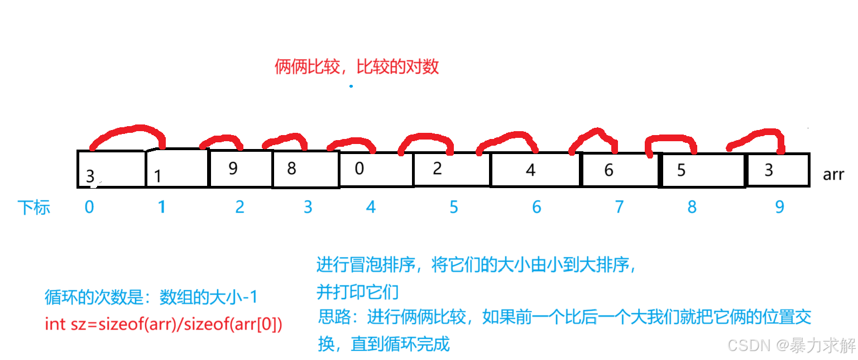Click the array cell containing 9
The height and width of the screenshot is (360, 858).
(x=240, y=169)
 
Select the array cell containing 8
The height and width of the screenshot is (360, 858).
(x=305, y=169)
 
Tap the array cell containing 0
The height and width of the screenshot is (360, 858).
(x=376, y=169)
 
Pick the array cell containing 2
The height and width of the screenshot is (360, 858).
(x=452, y=169)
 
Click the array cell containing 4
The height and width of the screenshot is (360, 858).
(x=535, y=170)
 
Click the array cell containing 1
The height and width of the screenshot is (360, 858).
(x=176, y=168)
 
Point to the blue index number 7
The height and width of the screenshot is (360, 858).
(x=619, y=207)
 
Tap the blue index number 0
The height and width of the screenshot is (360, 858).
(x=89, y=207)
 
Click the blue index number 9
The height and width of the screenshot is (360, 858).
(x=779, y=207)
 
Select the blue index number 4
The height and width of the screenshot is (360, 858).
(x=371, y=207)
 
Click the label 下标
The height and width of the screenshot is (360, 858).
(x=35, y=208)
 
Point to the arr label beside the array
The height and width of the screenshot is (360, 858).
(x=833, y=174)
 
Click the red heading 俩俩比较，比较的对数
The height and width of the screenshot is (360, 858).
(x=357, y=67)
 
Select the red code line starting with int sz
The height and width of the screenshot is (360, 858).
(x=163, y=324)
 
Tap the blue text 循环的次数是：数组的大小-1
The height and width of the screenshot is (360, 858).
(x=151, y=297)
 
